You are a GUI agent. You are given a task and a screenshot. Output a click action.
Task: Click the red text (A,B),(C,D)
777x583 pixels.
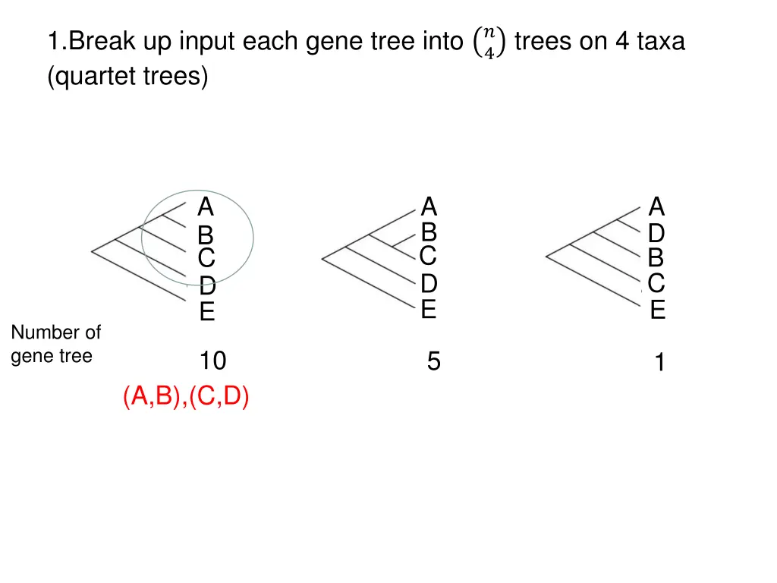(x=186, y=397)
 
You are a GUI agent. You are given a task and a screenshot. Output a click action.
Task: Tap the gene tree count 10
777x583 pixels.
(x=212, y=361)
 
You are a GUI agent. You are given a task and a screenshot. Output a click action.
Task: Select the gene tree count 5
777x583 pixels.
(x=433, y=362)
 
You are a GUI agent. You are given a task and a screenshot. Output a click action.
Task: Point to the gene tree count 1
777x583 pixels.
(x=660, y=364)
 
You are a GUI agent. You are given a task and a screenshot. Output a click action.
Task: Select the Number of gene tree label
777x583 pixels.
(x=55, y=344)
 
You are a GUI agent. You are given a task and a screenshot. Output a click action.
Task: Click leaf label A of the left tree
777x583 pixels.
(x=206, y=207)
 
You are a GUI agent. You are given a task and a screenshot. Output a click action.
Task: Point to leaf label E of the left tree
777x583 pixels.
(x=207, y=312)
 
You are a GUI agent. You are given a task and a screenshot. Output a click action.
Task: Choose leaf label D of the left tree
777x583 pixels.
(x=207, y=287)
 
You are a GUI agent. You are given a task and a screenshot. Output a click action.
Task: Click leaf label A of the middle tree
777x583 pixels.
(x=429, y=206)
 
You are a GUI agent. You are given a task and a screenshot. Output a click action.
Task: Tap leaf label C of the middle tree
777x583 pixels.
(x=428, y=256)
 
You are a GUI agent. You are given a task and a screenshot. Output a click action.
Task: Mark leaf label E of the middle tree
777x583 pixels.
(x=429, y=310)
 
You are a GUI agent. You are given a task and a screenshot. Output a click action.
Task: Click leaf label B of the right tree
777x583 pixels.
(x=656, y=258)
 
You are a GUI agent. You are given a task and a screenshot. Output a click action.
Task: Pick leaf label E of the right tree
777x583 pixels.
(x=657, y=310)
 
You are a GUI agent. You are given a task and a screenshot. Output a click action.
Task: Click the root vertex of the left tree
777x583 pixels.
(x=92, y=250)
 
